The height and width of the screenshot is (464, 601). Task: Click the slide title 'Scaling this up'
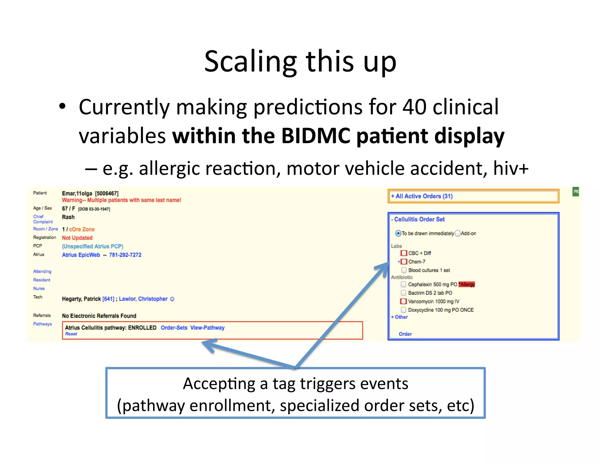coord(300,61)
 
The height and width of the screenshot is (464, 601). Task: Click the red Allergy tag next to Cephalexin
coord(467,284)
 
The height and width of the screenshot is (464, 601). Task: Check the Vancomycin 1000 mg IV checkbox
coord(404,301)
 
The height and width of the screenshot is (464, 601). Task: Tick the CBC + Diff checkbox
coord(404,253)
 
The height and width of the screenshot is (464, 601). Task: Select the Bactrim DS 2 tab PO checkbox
coord(404,293)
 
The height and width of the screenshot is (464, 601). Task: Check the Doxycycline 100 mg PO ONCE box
coord(404,310)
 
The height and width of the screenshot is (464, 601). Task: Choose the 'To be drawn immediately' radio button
coord(398,233)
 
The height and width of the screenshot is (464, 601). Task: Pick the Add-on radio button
coord(457,233)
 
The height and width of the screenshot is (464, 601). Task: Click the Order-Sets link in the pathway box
coord(174,328)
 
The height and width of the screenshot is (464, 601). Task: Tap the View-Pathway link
coord(207,328)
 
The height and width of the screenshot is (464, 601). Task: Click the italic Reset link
coord(71,334)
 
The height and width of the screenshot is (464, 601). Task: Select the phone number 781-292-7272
coord(125,255)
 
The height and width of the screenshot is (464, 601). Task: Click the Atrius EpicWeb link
coord(81,255)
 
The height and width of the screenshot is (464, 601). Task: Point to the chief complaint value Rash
coord(68,217)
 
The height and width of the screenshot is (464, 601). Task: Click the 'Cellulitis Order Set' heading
coord(419,219)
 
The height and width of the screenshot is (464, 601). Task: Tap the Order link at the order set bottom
coord(405,334)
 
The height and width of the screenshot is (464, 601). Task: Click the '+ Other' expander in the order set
coord(399,317)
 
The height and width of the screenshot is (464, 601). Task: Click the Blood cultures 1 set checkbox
coord(404,270)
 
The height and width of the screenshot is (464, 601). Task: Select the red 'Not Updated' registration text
coord(77,238)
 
